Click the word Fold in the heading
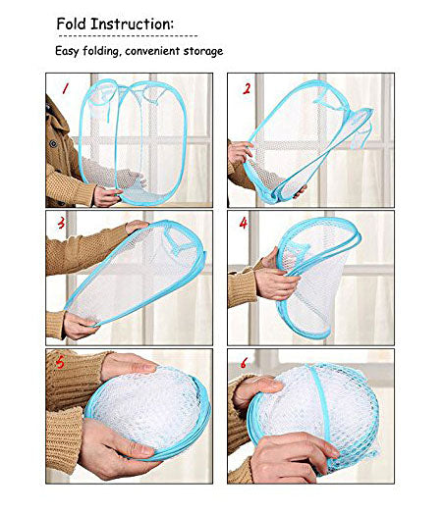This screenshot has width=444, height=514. pyautogui.click(x=71, y=24)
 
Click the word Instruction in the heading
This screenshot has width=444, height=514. pyautogui.click(x=132, y=24)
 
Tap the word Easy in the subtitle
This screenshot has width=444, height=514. pyautogui.click(x=67, y=51)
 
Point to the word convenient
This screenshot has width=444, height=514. pyautogui.click(x=152, y=51)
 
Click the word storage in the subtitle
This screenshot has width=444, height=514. pyautogui.click(x=203, y=51)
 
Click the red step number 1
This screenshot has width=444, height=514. pyautogui.click(x=66, y=88)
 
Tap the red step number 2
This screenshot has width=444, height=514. pyautogui.click(x=247, y=88)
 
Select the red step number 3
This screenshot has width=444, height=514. pyautogui.click(x=61, y=224)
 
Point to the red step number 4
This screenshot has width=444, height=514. pyautogui.click(x=244, y=224)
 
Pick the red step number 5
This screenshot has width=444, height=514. pyautogui.click(x=60, y=362)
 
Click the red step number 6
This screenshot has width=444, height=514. pyautogui.click(x=244, y=363)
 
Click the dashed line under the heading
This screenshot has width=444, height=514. pyautogui.click(x=127, y=35)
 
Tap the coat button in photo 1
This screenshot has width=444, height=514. pyautogui.click(x=52, y=143)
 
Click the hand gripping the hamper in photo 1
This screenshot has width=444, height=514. pyautogui.click(x=107, y=197)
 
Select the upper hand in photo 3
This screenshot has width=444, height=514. pyautogui.click(x=137, y=226)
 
